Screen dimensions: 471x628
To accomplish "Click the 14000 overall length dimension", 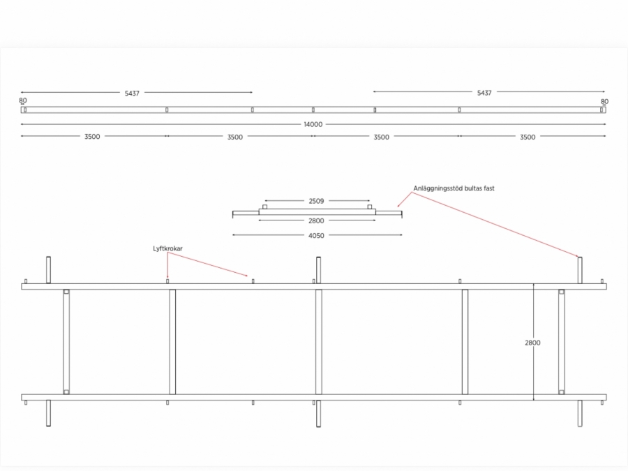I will click(313, 124).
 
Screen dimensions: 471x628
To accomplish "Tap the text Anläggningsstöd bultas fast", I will click(454, 188).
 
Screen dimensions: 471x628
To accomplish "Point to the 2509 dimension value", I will click(316, 201).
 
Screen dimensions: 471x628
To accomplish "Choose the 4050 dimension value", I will click(316, 236).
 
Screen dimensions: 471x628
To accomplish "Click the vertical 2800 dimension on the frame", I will click(532, 343).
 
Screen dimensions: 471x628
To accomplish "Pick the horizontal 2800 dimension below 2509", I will click(316, 220).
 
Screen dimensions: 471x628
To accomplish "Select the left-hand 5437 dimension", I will click(132, 93).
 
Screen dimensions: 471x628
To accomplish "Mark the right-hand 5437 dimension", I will click(484, 93).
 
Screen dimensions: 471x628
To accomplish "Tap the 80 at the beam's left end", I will click(23, 101).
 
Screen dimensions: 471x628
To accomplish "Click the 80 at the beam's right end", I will click(604, 101).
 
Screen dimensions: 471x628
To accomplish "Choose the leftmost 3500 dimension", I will click(92, 137).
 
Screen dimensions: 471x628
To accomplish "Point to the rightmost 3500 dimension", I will click(528, 137).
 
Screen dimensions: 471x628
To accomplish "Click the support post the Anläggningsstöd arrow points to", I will click(580, 270).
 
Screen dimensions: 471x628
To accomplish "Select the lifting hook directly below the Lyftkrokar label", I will click(167, 281).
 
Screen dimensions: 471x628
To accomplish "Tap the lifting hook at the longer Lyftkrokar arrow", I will click(253, 281).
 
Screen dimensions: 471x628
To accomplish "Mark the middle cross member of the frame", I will click(318, 342).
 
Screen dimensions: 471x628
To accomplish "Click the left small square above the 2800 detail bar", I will click(264, 207).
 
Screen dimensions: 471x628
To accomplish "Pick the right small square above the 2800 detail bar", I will click(370, 207).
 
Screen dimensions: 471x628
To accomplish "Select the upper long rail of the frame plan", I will click(314, 286).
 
